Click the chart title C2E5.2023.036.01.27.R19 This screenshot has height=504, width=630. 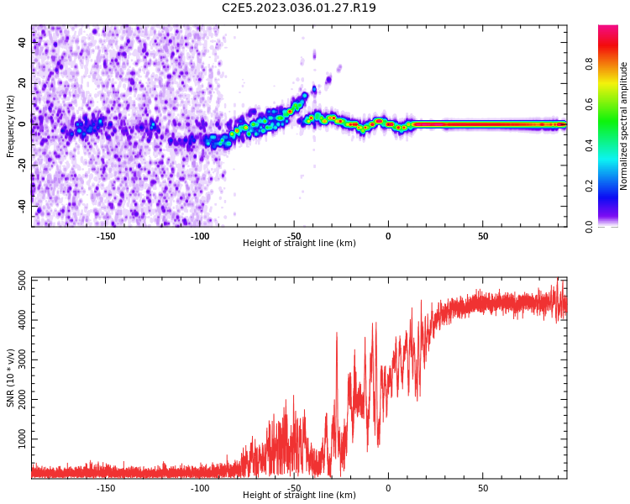point(298,8)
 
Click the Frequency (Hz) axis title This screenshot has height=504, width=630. point(11,126)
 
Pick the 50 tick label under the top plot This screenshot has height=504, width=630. point(483,236)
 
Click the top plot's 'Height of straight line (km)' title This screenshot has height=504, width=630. point(299,244)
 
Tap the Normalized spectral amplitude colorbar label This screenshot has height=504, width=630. point(624,126)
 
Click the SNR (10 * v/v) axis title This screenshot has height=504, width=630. point(11,378)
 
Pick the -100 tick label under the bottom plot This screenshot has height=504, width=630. point(200,488)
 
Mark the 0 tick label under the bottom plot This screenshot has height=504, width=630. point(388,488)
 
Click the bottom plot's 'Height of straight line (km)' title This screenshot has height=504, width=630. point(299,496)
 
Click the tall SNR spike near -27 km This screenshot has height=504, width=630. point(337,334)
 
